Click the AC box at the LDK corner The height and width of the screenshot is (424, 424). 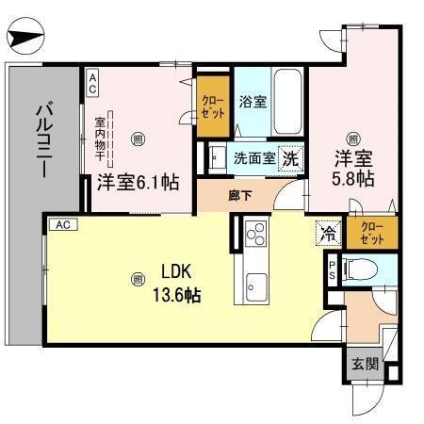coord(60,224)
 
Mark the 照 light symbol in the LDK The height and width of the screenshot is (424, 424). coord(138,278)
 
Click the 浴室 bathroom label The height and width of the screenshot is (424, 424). coord(252,101)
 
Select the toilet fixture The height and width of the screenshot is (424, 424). coord(362,271)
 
